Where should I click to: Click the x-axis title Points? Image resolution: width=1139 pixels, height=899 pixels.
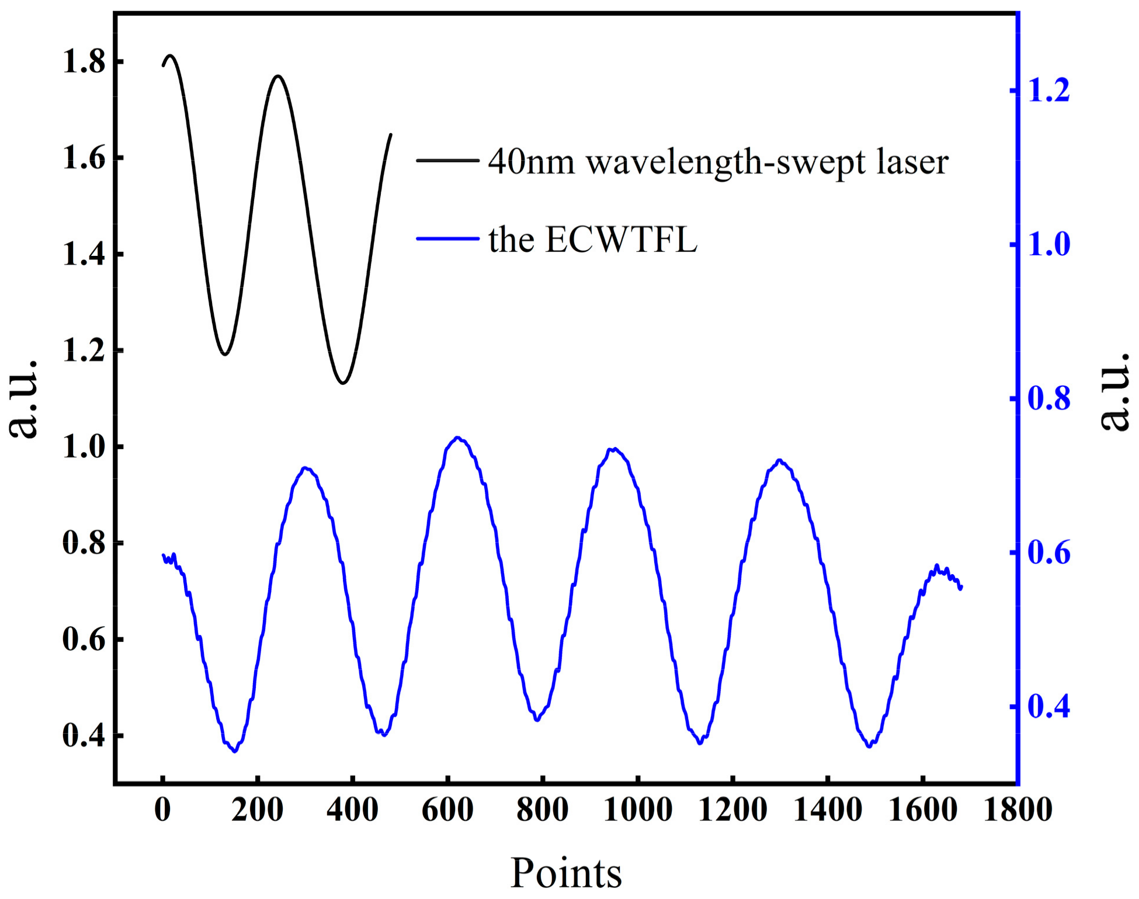[x=566, y=873]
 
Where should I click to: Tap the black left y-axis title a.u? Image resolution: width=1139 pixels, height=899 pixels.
[x=23, y=399]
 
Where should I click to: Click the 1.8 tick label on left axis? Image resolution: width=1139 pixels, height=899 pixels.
[x=84, y=62]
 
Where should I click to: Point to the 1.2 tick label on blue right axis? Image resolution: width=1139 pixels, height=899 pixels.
[x=1049, y=91]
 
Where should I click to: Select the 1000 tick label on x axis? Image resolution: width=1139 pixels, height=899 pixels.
[x=638, y=810]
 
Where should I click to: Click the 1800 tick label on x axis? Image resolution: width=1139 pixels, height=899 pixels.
[x=1018, y=810]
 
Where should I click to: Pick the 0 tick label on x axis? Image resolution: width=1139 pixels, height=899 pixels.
[x=162, y=810]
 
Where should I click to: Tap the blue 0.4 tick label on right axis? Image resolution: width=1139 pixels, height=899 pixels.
[x=1049, y=706]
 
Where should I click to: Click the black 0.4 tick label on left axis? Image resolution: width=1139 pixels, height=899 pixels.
[x=84, y=735]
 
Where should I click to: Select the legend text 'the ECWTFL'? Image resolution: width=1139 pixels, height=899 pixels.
[x=593, y=239]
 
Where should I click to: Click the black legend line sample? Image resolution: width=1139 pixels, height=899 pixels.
[x=447, y=161]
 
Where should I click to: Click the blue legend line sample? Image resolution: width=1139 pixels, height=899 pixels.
[x=447, y=238]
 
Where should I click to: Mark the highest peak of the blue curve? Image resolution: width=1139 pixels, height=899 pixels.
[x=457, y=437]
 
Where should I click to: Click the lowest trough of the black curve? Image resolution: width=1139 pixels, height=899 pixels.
[x=343, y=383]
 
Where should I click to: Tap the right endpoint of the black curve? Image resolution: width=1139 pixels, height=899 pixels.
[x=391, y=134]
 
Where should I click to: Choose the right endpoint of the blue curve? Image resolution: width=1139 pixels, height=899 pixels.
[x=961, y=587]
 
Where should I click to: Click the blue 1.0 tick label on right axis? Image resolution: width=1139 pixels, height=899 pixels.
[x=1049, y=244]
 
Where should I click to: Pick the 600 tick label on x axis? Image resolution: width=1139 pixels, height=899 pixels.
[x=447, y=810]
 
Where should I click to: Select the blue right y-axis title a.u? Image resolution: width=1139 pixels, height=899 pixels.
[x=1114, y=391]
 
